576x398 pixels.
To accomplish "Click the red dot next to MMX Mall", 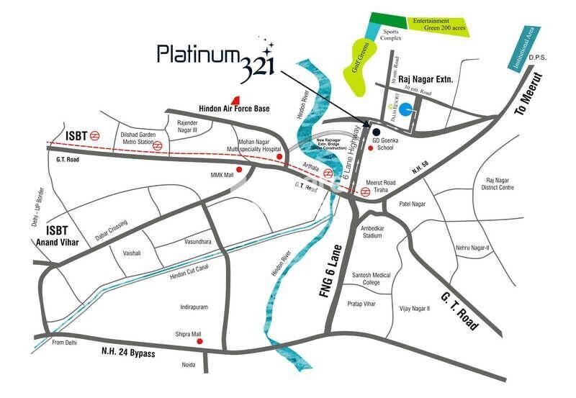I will click(239, 170).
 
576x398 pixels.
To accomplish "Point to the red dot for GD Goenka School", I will click(370, 148).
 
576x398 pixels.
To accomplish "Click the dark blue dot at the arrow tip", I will click(375, 131).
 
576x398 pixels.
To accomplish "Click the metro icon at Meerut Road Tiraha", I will click(365, 192).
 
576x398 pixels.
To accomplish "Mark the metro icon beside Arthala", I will click(328, 173).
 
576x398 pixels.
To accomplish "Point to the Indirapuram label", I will click(194, 307).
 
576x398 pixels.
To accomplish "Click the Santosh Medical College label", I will click(370, 279).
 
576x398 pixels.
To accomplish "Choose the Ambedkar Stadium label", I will click(372, 232).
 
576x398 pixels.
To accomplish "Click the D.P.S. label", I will click(538, 57).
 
